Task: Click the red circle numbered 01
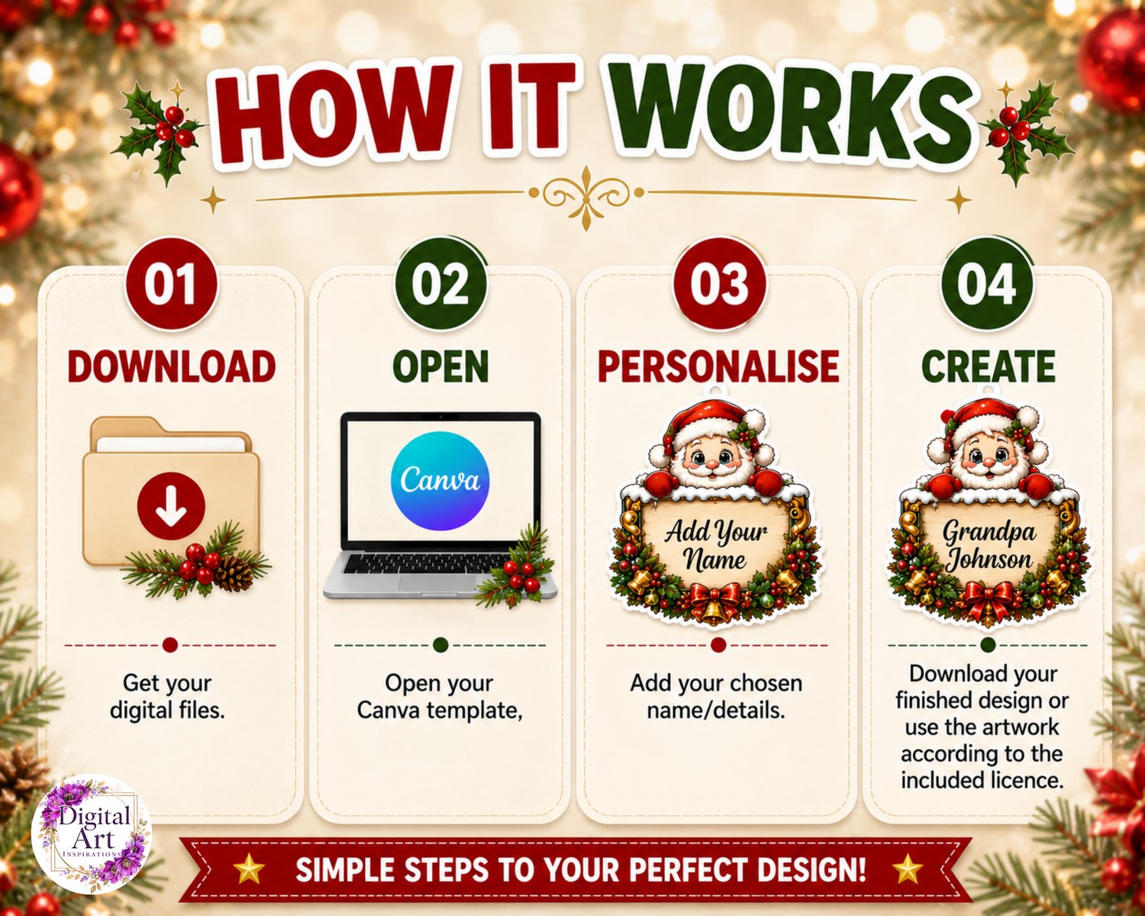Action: pyautogui.click(x=171, y=284)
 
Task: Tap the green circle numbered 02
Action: pyautogui.click(x=440, y=284)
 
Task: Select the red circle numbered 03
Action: pyautogui.click(x=719, y=284)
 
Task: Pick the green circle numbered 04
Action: pyautogui.click(x=988, y=284)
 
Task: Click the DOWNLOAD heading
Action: pyautogui.click(x=171, y=366)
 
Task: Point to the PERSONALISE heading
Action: pyautogui.click(x=718, y=366)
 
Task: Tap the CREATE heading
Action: pyautogui.click(x=988, y=366)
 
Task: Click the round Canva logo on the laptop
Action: pyautogui.click(x=440, y=481)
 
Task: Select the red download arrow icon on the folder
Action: pyautogui.click(x=171, y=506)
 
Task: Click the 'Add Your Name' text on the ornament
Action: pyautogui.click(x=716, y=546)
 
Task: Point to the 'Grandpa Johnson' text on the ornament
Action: pyautogui.click(x=989, y=546)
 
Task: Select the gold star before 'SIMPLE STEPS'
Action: pyautogui.click(x=249, y=870)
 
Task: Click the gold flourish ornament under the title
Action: pyautogui.click(x=585, y=198)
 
